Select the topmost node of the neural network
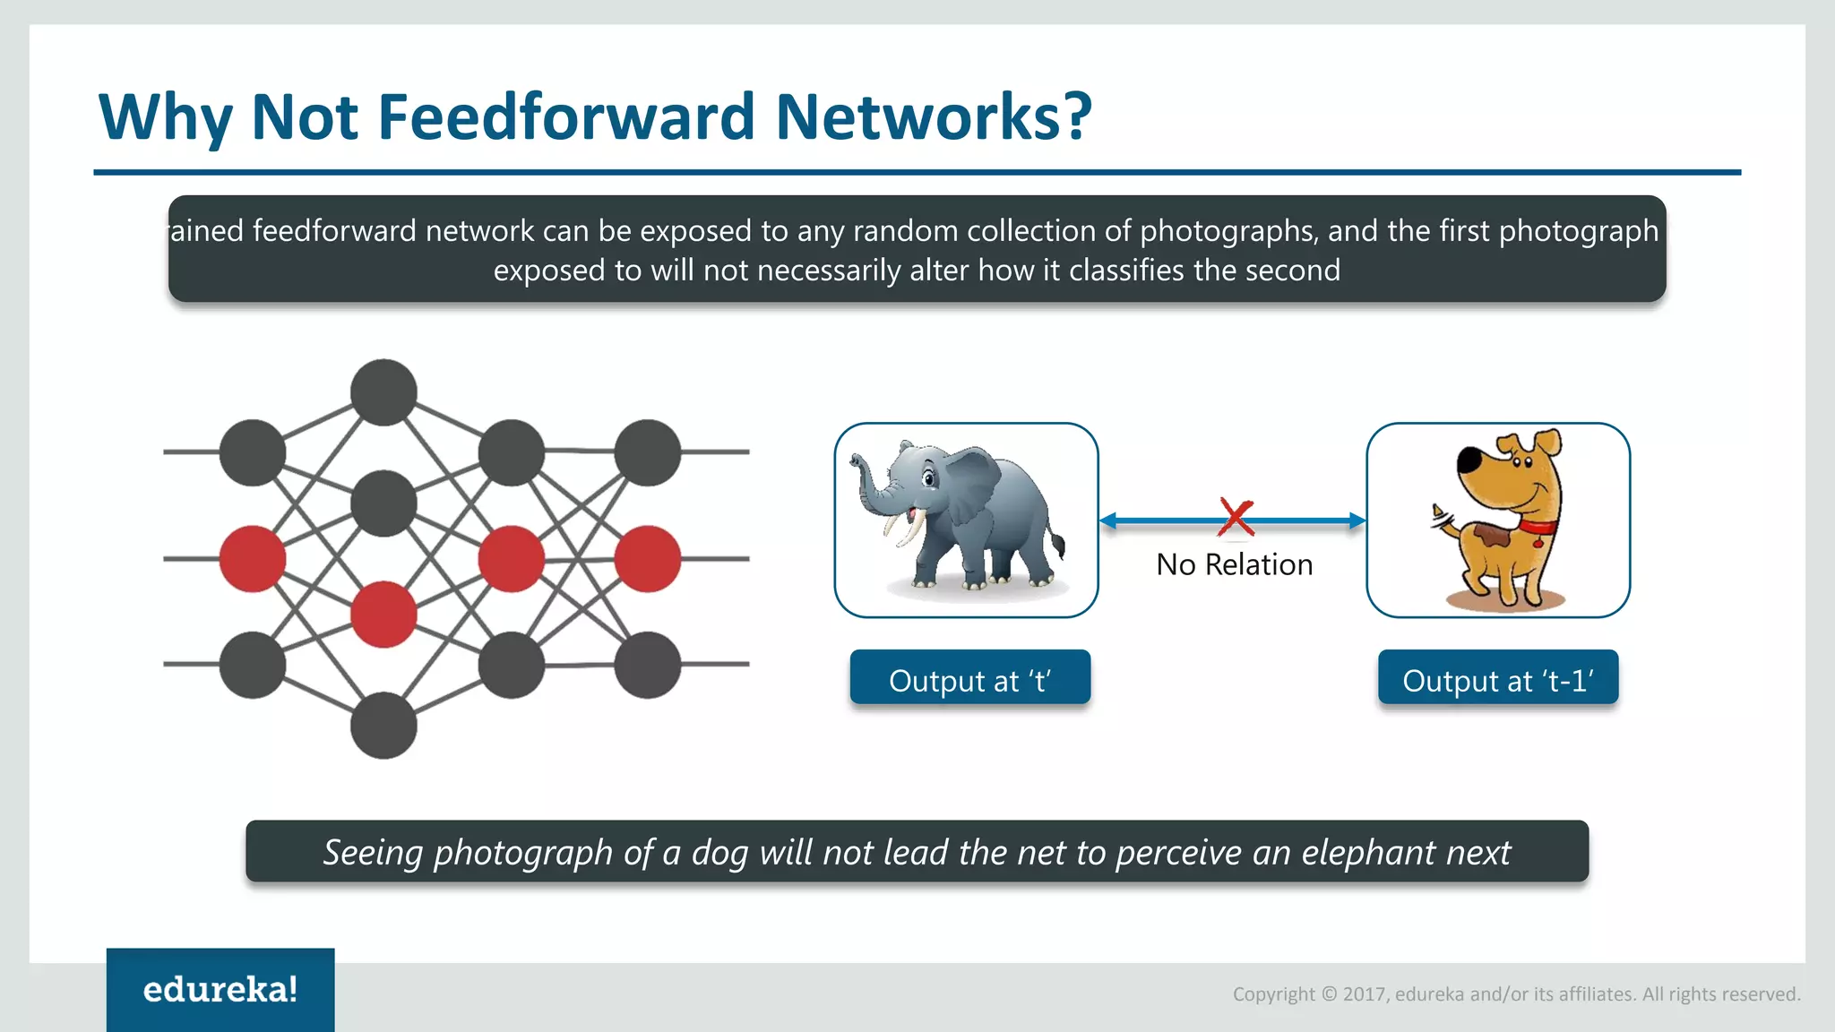[383, 392]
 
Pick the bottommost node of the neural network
[383, 726]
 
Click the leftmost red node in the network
[253, 559]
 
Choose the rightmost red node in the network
[647, 559]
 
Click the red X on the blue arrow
[1236, 517]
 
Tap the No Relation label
[1234, 564]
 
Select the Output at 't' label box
[969, 679]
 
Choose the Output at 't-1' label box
[1497, 679]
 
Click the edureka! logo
[220, 989]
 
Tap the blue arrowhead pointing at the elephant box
[1109, 520]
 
